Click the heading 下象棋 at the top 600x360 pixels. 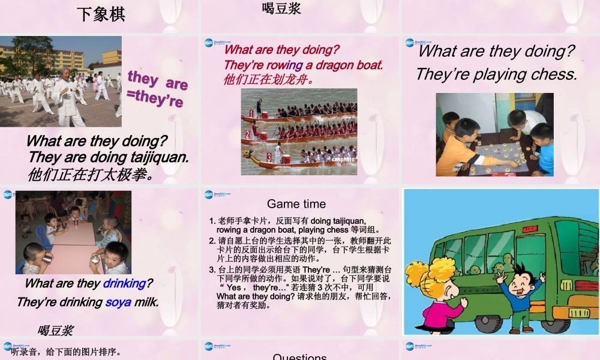pos(101,14)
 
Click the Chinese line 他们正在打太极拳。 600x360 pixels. pos(91,175)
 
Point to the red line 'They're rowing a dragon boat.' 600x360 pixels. pos(303,65)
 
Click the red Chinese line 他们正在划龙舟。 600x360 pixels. pos(269,79)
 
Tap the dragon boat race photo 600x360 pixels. pos(299,131)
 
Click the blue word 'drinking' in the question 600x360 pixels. pos(124,283)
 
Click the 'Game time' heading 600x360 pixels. pos(296,204)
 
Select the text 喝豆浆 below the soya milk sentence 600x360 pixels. pos(55,330)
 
